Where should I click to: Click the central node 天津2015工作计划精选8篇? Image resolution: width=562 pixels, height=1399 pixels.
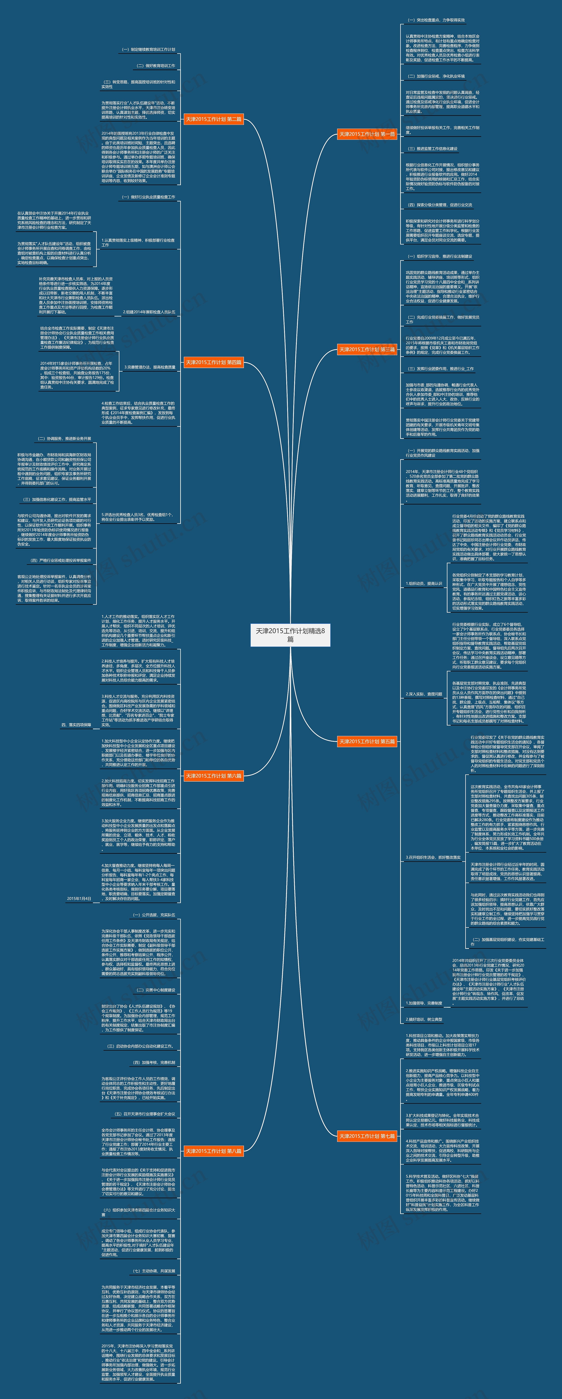click(x=290, y=634)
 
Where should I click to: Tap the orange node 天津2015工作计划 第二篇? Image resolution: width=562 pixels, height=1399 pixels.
click(x=214, y=119)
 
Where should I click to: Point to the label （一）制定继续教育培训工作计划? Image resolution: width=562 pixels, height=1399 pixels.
click(x=148, y=49)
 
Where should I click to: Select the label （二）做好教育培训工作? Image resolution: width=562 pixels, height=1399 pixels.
click(x=156, y=66)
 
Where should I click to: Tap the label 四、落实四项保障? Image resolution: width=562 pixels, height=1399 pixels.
click(x=76, y=724)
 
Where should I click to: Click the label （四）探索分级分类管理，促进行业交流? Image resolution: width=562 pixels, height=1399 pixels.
click(x=440, y=205)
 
